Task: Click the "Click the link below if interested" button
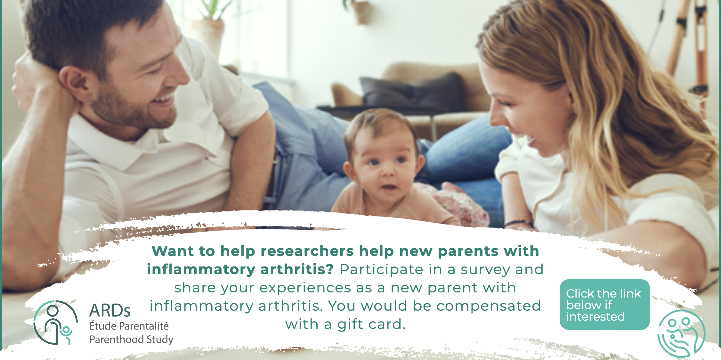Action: [x=604, y=304]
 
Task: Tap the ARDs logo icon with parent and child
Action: [x=55, y=322]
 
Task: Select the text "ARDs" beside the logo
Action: [x=110, y=310]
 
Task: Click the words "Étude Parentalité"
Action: [x=129, y=326]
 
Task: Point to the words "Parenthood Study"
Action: [x=131, y=340]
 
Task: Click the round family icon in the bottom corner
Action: [x=681, y=333]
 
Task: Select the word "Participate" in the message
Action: [x=381, y=269]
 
